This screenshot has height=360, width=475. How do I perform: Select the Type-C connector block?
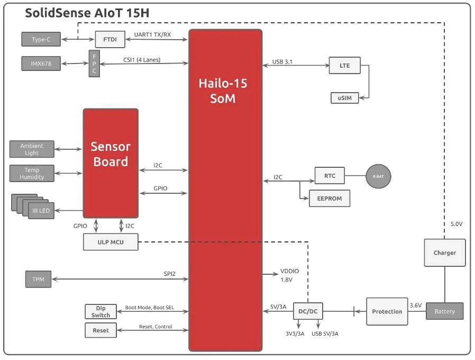pyautogui.click(x=41, y=39)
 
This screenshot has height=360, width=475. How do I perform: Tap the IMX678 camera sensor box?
pyautogui.click(x=41, y=64)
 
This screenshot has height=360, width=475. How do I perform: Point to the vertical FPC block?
pyautogui.click(x=94, y=64)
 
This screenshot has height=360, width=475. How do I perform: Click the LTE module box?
pyautogui.click(x=344, y=66)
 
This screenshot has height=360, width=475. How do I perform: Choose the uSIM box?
pyautogui.click(x=344, y=98)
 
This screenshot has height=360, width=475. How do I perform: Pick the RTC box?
pyautogui.click(x=329, y=176)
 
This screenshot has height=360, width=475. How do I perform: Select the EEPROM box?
pyautogui.click(x=329, y=199)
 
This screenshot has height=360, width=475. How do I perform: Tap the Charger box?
pyautogui.click(x=444, y=253)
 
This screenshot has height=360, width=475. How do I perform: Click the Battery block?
pyautogui.click(x=444, y=311)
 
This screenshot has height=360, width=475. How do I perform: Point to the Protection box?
pyautogui.click(x=387, y=311)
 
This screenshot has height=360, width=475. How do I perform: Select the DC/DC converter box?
pyautogui.click(x=308, y=311)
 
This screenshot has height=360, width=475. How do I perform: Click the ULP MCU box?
pyautogui.click(x=111, y=242)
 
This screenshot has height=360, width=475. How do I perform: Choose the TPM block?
pyautogui.click(x=38, y=279)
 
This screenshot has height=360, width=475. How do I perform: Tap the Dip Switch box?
pyautogui.click(x=101, y=311)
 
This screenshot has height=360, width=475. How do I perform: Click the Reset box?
pyautogui.click(x=101, y=330)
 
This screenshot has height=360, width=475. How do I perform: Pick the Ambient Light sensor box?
pyautogui.click(x=32, y=149)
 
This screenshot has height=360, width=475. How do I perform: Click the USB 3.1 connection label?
pyautogui.click(x=282, y=62)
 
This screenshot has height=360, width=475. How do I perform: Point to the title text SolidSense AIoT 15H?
pyautogui.click(x=87, y=13)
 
